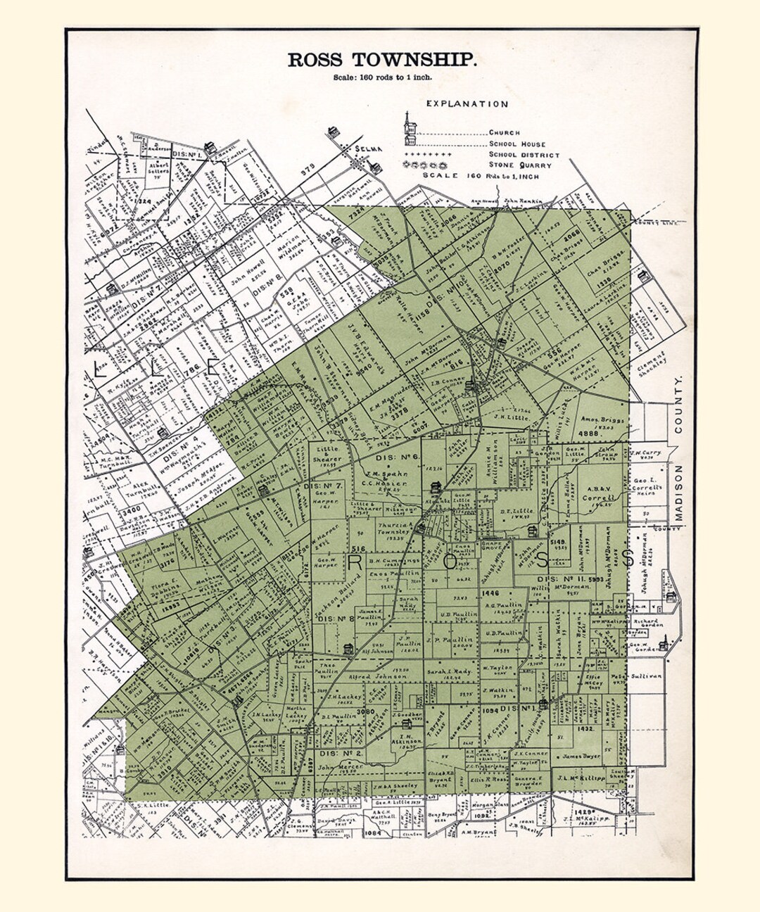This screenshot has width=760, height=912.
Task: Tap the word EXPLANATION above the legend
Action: [467, 104]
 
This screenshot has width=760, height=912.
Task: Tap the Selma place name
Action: [368, 148]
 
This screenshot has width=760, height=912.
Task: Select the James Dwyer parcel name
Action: [581, 756]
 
